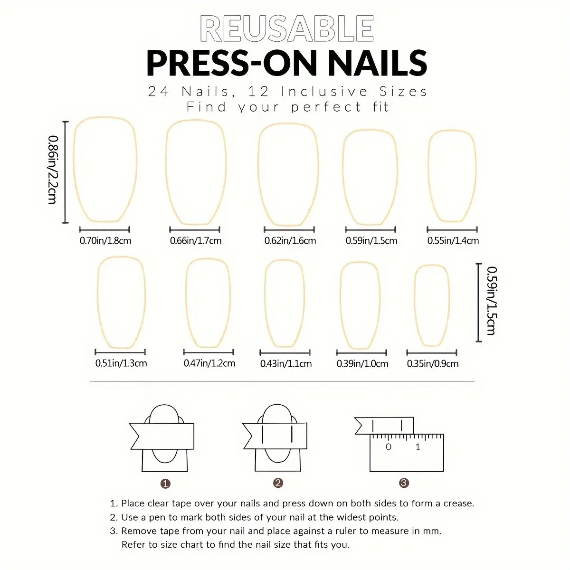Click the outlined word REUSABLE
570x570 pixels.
(286, 28)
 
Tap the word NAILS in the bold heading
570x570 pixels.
(378, 63)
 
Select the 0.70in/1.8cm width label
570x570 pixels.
(105, 241)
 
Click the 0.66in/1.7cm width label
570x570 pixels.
(196, 241)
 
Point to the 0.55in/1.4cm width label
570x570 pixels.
(453, 241)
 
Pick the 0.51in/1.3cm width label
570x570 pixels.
(121, 363)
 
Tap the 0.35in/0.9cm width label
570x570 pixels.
(432, 363)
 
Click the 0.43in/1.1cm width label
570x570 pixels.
(286, 363)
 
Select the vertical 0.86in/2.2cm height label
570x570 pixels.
(53, 170)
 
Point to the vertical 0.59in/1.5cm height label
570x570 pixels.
(492, 301)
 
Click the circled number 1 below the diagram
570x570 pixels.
(165, 484)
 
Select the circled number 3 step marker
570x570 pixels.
(404, 483)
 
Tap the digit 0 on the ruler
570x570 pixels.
(389, 446)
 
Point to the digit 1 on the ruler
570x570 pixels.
(418, 446)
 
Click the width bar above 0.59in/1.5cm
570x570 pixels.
(370, 229)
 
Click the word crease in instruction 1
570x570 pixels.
(458, 503)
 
